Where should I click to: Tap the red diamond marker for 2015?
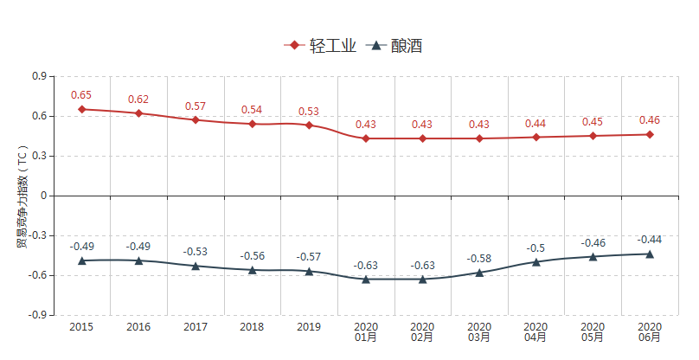click(81, 109)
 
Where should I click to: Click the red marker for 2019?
click(309, 125)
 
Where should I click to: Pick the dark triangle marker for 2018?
click(253, 270)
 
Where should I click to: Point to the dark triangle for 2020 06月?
click(650, 254)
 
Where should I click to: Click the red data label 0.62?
click(138, 100)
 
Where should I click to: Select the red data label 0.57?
click(196, 106)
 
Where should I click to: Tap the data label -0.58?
click(479, 259)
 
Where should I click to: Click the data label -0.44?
click(650, 240)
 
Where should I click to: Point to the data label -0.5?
click(535, 248)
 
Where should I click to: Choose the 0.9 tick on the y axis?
click(39, 76)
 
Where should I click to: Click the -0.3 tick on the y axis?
click(37, 235)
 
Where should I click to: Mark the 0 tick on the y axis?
click(42, 196)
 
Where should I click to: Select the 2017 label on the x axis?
click(196, 327)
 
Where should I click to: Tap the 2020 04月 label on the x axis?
click(536, 332)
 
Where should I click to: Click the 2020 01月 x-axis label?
click(366, 332)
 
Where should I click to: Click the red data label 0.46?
click(650, 120)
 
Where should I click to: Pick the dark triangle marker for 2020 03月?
click(479, 273)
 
